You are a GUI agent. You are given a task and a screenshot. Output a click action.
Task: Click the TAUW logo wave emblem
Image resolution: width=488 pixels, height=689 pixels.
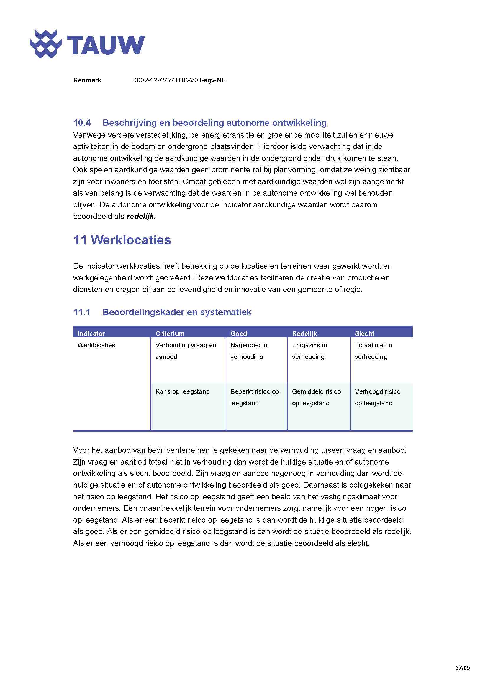click(x=46, y=44)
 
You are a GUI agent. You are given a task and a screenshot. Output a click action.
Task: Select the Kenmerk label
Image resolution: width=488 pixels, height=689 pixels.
click(x=87, y=80)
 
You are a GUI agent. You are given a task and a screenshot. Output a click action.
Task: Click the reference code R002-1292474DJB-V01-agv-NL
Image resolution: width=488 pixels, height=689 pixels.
click(x=179, y=80)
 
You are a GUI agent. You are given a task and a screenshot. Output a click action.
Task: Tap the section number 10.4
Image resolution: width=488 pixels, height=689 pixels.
click(x=82, y=123)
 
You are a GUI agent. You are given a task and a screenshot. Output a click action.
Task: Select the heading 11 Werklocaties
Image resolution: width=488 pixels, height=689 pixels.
click(x=122, y=240)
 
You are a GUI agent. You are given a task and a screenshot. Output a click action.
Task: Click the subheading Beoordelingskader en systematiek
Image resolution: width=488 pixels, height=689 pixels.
click(x=177, y=312)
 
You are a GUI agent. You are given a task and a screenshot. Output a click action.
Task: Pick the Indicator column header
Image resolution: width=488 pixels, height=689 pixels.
click(x=91, y=333)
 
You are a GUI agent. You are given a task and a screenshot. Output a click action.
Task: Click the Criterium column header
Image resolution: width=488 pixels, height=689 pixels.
click(x=170, y=333)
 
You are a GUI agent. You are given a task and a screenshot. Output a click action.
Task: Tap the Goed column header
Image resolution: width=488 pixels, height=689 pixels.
click(x=239, y=333)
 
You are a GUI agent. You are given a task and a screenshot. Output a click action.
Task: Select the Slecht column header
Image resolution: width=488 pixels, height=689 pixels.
click(x=364, y=333)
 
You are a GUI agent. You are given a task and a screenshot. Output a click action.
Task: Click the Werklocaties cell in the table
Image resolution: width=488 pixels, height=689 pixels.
click(x=96, y=345)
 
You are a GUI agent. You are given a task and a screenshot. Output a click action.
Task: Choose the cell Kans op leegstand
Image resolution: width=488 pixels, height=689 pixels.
click(x=182, y=391)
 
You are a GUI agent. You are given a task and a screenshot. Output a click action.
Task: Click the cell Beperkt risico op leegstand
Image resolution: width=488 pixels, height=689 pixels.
click(x=255, y=397)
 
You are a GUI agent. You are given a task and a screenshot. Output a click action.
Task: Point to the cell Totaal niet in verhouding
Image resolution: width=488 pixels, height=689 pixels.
click(x=373, y=351)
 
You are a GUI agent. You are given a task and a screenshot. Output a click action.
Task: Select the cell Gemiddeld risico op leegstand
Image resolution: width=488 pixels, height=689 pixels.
click(x=316, y=397)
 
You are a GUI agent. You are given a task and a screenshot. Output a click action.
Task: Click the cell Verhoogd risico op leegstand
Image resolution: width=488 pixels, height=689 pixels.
click(x=377, y=397)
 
